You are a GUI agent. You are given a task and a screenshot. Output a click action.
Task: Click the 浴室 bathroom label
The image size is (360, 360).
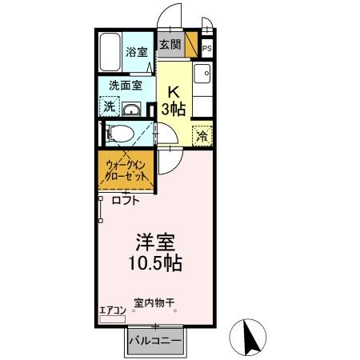tap(136, 53)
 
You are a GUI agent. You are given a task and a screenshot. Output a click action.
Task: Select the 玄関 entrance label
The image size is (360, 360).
tap(169, 45)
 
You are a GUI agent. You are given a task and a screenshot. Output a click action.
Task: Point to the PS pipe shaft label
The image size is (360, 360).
tap(206, 48)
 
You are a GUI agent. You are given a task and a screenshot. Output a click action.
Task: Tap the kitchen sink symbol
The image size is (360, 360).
tap(204, 76)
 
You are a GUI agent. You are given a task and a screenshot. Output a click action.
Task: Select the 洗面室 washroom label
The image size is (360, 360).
tap(125, 85)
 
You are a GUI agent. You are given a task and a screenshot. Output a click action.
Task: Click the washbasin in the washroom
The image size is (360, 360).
tap(133, 110)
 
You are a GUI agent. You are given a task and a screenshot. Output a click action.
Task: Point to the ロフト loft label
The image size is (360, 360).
tap(124, 202)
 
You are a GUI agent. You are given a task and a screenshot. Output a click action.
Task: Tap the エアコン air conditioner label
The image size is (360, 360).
tap(112, 310)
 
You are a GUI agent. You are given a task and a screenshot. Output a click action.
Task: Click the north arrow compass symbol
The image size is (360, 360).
tap(250, 336)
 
